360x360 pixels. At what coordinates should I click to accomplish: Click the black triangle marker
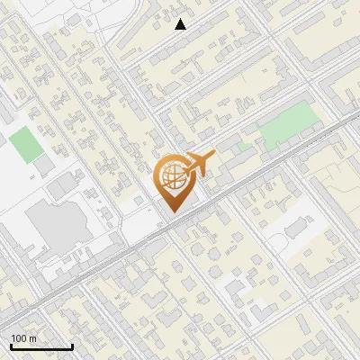pos(181,24)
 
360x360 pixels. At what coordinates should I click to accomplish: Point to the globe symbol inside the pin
pos(173,176)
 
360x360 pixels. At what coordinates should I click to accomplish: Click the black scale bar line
pos(41,347)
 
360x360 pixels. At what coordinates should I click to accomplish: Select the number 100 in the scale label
pos(20,338)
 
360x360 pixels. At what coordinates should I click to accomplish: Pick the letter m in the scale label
pos(32,338)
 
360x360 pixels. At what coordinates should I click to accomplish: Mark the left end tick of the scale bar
pos(11,346)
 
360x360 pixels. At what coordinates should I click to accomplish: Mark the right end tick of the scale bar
pos(72,346)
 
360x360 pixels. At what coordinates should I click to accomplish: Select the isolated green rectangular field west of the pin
pos(28,144)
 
